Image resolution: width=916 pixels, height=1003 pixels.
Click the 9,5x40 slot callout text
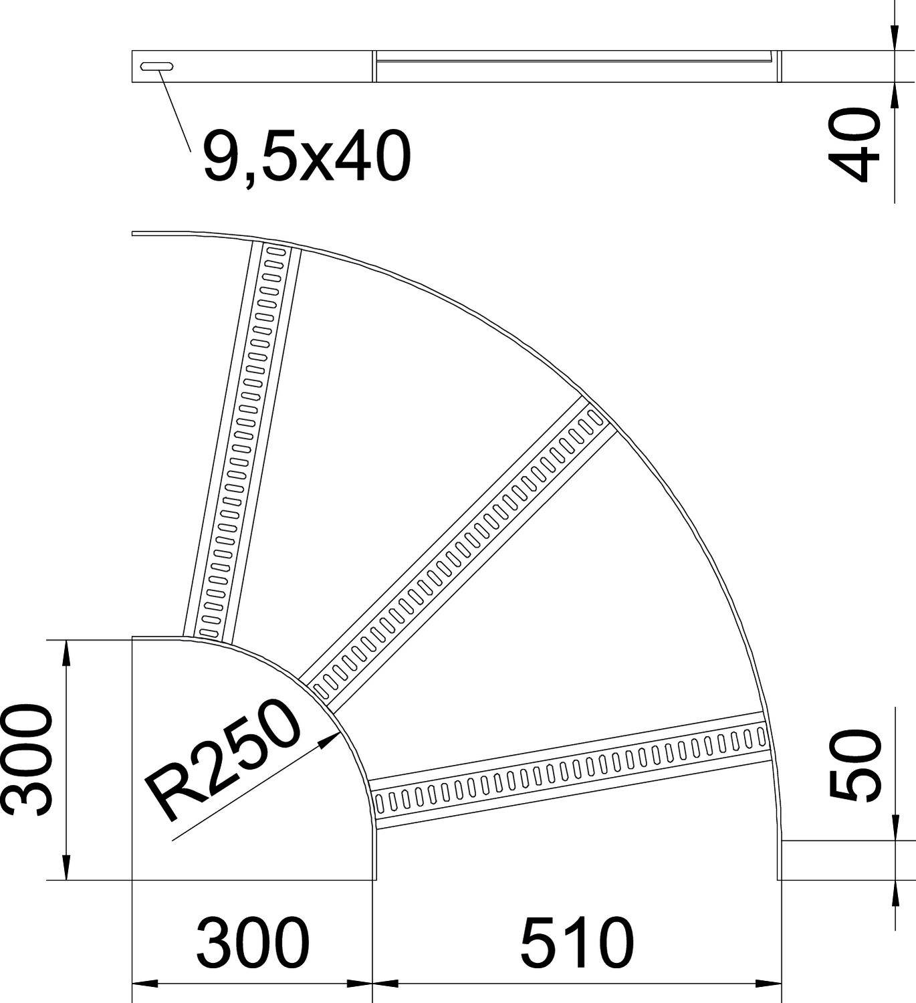click(x=306, y=158)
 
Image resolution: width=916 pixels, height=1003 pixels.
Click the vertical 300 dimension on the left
click(x=27, y=760)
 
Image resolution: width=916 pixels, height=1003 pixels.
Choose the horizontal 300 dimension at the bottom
click(x=253, y=943)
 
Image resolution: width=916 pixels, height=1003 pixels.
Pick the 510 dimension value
click(x=576, y=943)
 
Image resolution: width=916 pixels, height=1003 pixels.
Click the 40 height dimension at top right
click(x=854, y=146)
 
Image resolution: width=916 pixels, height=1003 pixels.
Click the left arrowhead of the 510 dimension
click(x=384, y=984)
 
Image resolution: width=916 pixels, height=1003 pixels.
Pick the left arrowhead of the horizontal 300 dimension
click(x=144, y=984)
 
